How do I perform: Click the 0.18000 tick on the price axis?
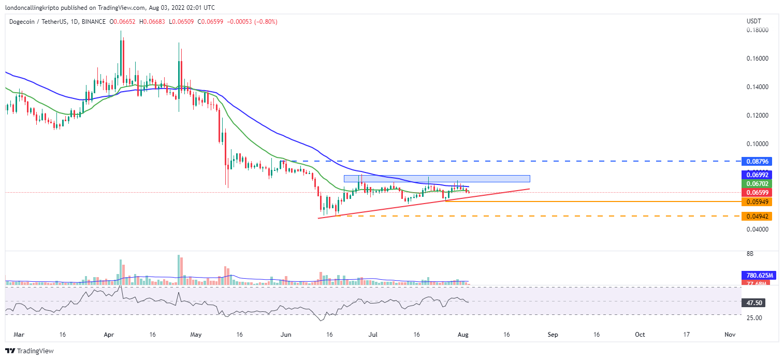coord(757,30)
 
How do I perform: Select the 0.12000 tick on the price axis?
coord(757,115)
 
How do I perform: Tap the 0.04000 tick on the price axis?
coord(757,229)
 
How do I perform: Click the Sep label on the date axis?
coord(553,335)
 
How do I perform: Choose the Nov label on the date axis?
coord(730,335)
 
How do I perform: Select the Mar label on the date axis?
coord(19,335)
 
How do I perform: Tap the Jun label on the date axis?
coord(285,335)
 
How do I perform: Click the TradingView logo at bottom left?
coord(30,351)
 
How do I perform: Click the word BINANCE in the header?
coord(93,22)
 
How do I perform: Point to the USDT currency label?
coord(754,21)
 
